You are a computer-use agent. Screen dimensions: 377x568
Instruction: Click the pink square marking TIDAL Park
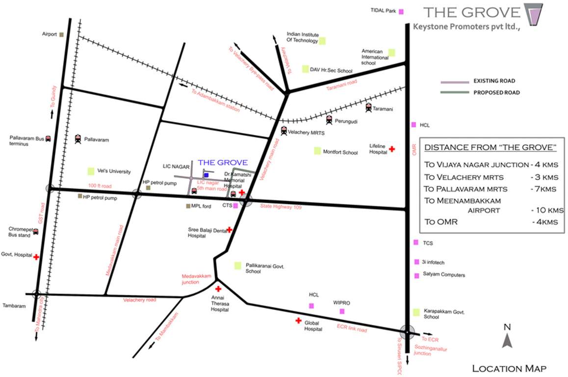401,11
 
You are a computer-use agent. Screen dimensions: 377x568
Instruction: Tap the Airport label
50,34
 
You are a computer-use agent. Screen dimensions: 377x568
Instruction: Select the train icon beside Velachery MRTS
284,131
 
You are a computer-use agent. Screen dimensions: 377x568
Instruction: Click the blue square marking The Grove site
206,175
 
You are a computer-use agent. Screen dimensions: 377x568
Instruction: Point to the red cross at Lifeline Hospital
391,149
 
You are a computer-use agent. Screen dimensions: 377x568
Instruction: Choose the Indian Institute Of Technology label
302,38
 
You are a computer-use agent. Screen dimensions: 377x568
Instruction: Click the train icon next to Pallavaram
78,139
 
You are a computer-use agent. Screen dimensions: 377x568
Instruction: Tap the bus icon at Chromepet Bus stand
36,232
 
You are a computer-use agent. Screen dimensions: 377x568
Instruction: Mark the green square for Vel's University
91,171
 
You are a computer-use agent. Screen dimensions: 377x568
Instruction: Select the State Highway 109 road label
281,207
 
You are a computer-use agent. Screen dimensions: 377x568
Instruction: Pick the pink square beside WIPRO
342,311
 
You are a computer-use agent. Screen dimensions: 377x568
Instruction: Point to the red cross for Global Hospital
298,321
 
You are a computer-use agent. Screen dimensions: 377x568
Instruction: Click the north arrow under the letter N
507,340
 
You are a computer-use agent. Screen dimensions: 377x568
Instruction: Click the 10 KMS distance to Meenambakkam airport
546,210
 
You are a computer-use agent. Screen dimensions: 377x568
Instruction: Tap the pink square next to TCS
416,242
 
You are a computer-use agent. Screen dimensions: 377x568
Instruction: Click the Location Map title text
509,368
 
